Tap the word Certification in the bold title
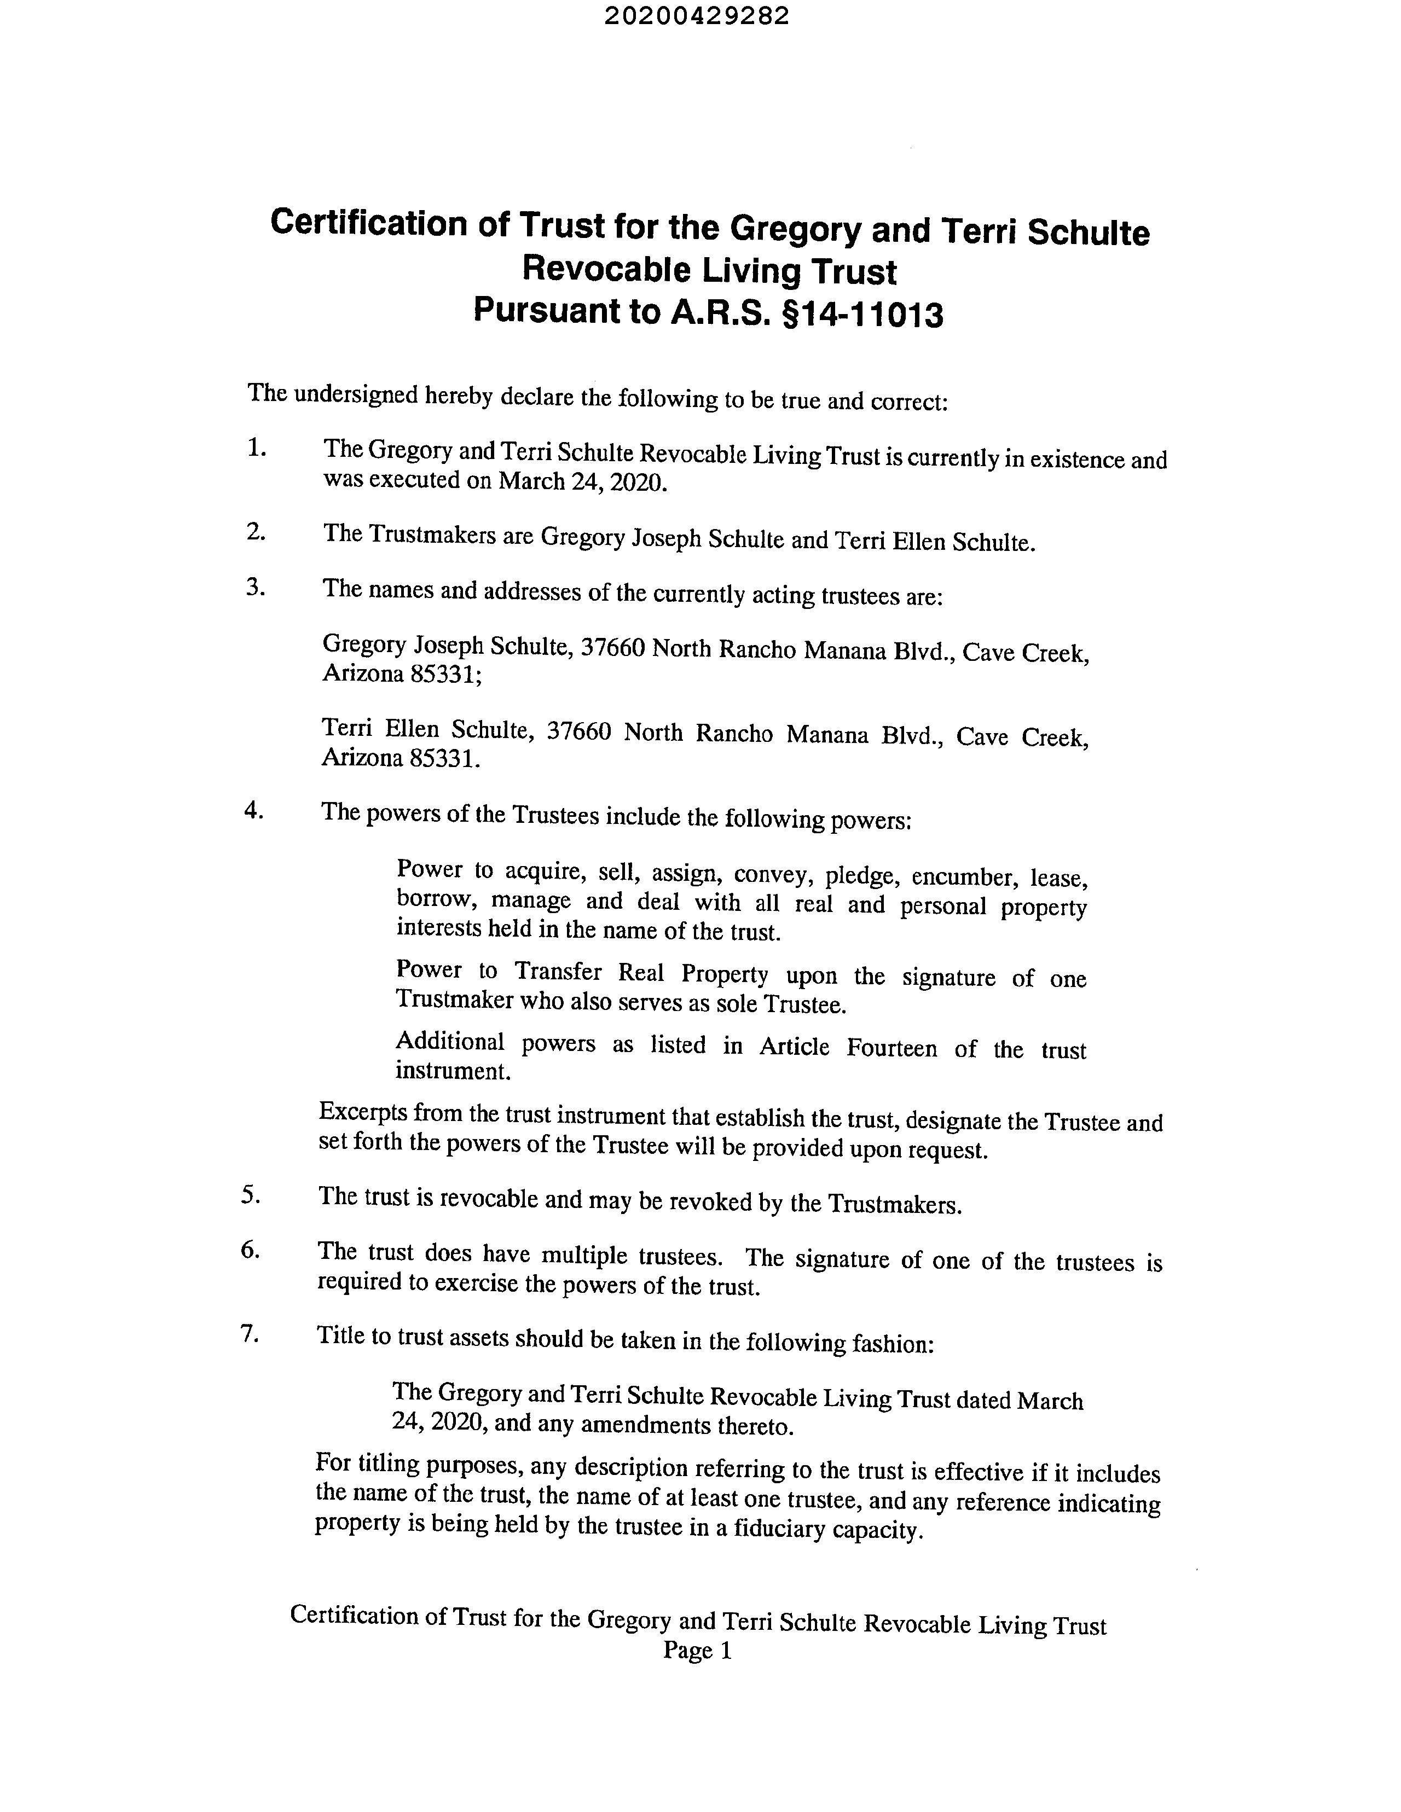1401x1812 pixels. (x=369, y=223)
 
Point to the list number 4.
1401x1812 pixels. (x=253, y=811)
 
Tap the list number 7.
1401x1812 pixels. (x=249, y=1334)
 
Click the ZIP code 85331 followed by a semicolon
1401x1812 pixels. (x=445, y=675)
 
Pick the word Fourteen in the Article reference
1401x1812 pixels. (x=892, y=1048)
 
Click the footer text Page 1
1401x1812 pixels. (x=697, y=1651)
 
